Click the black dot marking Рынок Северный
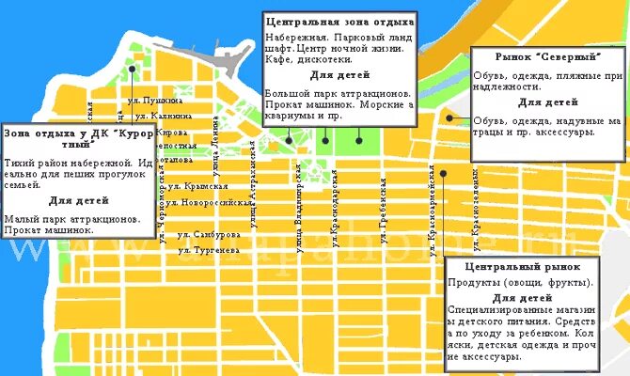pos(450,117)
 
